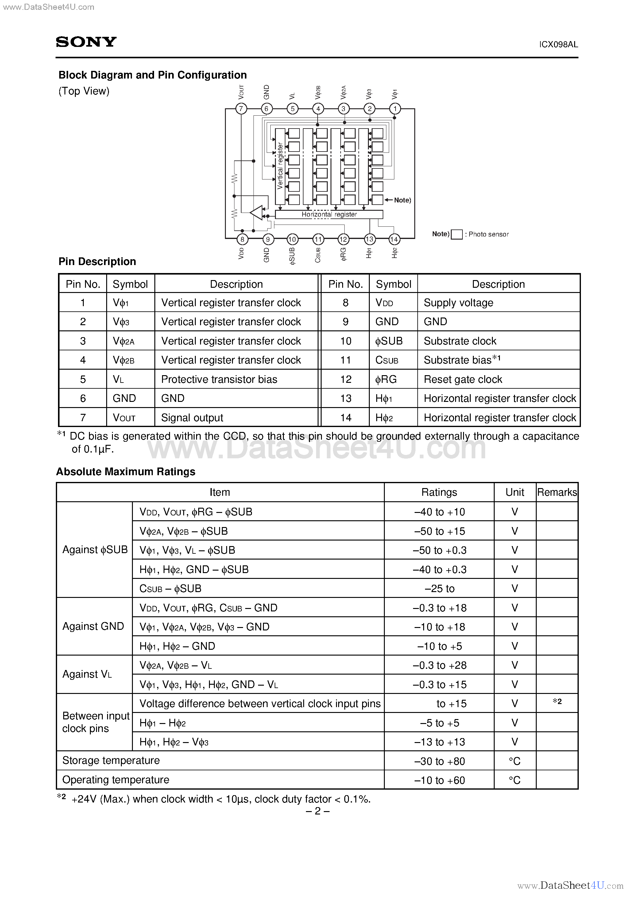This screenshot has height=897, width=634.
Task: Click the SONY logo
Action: coord(86,42)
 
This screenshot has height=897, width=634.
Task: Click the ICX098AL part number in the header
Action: coord(558,44)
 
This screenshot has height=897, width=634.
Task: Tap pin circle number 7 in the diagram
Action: coord(241,109)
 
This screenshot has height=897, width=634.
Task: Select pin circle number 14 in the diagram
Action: coord(394,239)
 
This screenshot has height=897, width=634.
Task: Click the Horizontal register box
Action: coord(329,214)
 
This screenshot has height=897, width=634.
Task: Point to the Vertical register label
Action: coord(280,166)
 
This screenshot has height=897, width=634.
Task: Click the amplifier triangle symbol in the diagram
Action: coord(257,213)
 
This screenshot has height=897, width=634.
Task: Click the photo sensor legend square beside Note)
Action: coord(457,234)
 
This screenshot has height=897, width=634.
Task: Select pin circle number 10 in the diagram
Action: coord(292,239)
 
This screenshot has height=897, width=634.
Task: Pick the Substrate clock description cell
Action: coord(460,341)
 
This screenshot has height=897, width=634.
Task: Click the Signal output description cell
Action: coord(192,418)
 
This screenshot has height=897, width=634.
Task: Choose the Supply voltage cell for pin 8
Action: coord(458,303)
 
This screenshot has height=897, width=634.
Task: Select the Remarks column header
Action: coord(557,492)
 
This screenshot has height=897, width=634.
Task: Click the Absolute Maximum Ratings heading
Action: coord(126,472)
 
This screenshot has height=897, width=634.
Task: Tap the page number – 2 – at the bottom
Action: coord(317,811)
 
